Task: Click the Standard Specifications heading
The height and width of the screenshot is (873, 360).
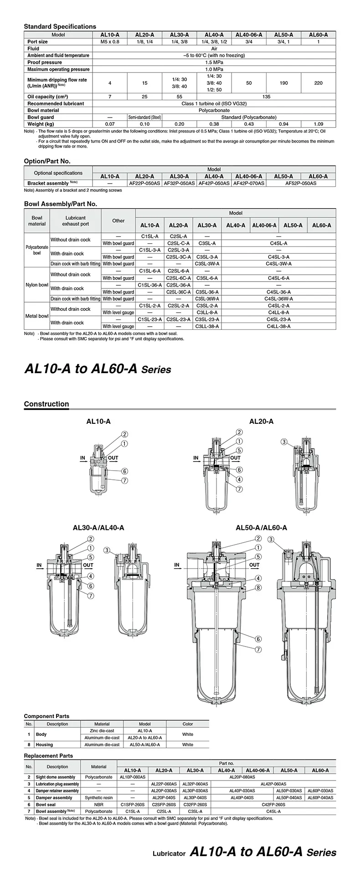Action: pos(60,26)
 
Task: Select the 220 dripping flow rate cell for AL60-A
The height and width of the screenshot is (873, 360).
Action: pos(319,83)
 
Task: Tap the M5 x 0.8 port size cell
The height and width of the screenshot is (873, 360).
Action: pos(109,41)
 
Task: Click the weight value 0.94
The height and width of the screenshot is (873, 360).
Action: pos(283,124)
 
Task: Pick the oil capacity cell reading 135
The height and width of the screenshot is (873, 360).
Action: pos(267,97)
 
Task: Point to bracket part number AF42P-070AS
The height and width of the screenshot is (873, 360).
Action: pos(248,183)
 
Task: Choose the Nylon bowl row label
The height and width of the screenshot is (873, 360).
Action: pos(37,285)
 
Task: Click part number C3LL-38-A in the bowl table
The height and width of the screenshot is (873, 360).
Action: pos(207,326)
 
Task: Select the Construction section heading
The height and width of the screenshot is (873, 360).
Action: pos(46,404)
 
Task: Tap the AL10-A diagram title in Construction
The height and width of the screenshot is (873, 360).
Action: pos(98,421)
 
